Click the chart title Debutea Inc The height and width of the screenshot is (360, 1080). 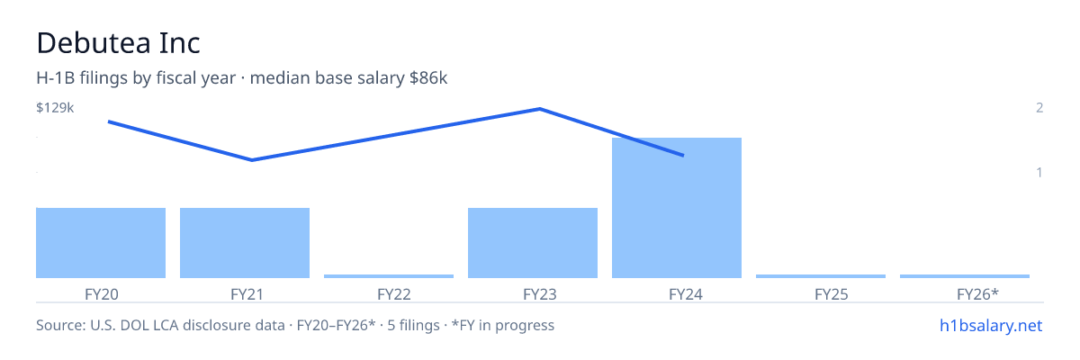click(118, 43)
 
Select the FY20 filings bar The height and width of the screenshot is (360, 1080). click(101, 243)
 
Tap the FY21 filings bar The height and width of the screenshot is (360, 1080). click(245, 243)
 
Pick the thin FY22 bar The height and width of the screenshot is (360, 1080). click(389, 276)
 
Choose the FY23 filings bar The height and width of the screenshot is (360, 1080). click(533, 243)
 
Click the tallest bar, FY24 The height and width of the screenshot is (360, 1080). click(677, 208)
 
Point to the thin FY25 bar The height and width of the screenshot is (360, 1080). click(821, 276)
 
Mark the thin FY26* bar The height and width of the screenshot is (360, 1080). click(965, 276)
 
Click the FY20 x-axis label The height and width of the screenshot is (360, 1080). click(101, 294)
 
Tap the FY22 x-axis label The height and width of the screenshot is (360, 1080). click(394, 294)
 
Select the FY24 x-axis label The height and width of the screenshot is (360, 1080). click(686, 294)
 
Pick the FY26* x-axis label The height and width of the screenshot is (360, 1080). click(977, 294)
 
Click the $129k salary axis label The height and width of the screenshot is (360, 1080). click(55, 107)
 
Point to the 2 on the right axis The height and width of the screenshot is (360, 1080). click(1039, 107)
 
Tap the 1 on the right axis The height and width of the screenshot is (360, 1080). click(1039, 172)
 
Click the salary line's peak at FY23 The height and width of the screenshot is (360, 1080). click(539, 109)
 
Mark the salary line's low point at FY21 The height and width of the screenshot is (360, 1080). click(252, 159)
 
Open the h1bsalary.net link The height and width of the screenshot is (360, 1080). click(991, 325)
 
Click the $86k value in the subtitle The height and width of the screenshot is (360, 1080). click(428, 77)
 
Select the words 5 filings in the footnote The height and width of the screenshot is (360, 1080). click(413, 325)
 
